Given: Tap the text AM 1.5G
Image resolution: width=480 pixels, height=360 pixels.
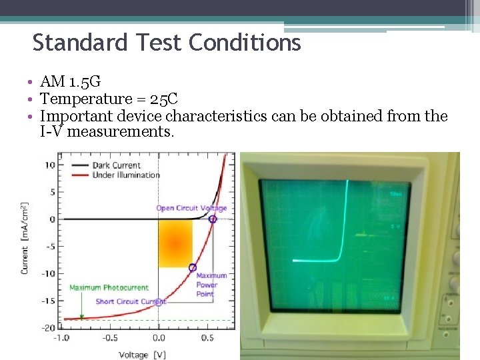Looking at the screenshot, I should coord(70,82).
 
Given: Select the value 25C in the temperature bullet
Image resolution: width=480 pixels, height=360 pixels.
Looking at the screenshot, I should coord(163,99).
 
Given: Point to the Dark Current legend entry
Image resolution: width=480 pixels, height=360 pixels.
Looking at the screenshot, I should coord(117,165).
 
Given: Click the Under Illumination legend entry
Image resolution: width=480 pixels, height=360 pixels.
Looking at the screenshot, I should coord(127,175).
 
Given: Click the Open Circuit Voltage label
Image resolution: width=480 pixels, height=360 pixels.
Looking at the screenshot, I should coord(191,208).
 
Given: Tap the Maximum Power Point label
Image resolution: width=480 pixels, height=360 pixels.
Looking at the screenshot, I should coord(211,285).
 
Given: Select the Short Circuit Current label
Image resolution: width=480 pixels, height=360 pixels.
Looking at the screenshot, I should coord(131,301).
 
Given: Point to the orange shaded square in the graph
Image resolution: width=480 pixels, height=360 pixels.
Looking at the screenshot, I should coord(175,243).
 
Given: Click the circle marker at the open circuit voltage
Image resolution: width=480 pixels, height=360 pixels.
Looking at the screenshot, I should coord(213,219).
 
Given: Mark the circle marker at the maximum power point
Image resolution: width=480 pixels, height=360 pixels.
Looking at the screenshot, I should coord(193,267).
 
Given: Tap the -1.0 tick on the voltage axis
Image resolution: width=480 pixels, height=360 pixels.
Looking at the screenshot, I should coord(61,338).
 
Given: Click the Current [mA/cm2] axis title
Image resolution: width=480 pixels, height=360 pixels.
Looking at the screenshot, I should coord(25,238).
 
